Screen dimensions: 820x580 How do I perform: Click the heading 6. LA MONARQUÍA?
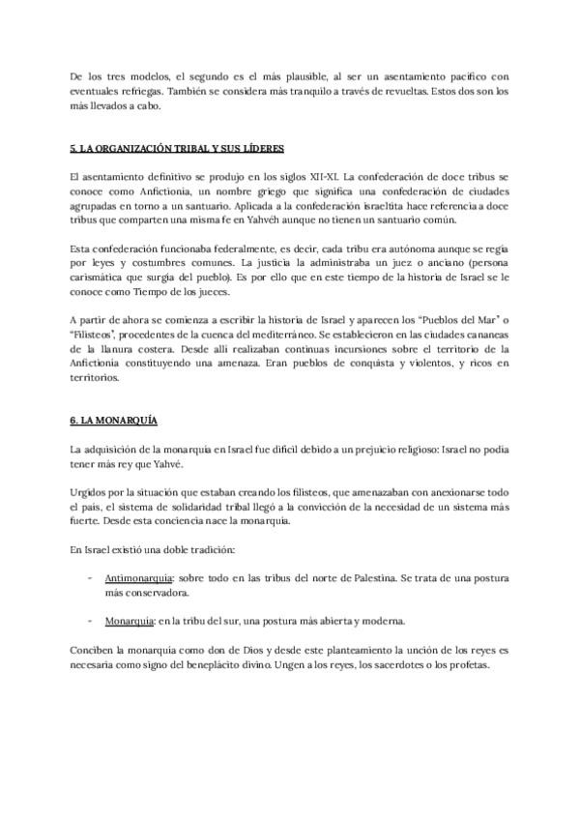[107, 421]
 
